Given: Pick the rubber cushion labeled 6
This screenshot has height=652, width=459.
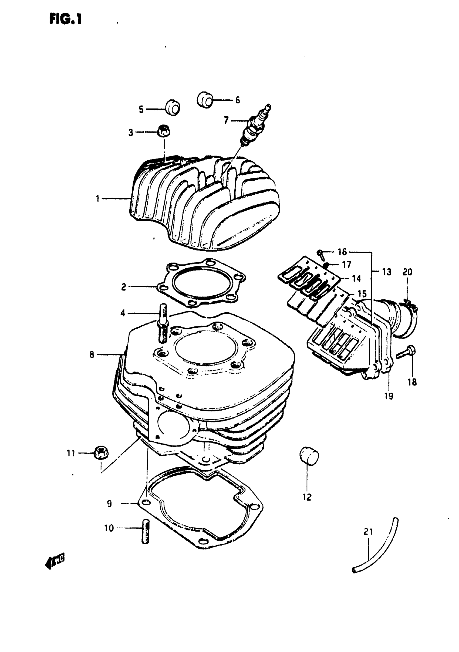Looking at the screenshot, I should click(x=205, y=100).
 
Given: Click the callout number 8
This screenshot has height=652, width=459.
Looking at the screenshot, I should click(x=92, y=355).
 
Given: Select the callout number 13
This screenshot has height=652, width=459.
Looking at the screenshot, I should click(x=387, y=272).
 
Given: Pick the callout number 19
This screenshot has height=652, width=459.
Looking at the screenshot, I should click(x=389, y=396).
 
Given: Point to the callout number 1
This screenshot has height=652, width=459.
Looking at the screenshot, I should click(x=97, y=199).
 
